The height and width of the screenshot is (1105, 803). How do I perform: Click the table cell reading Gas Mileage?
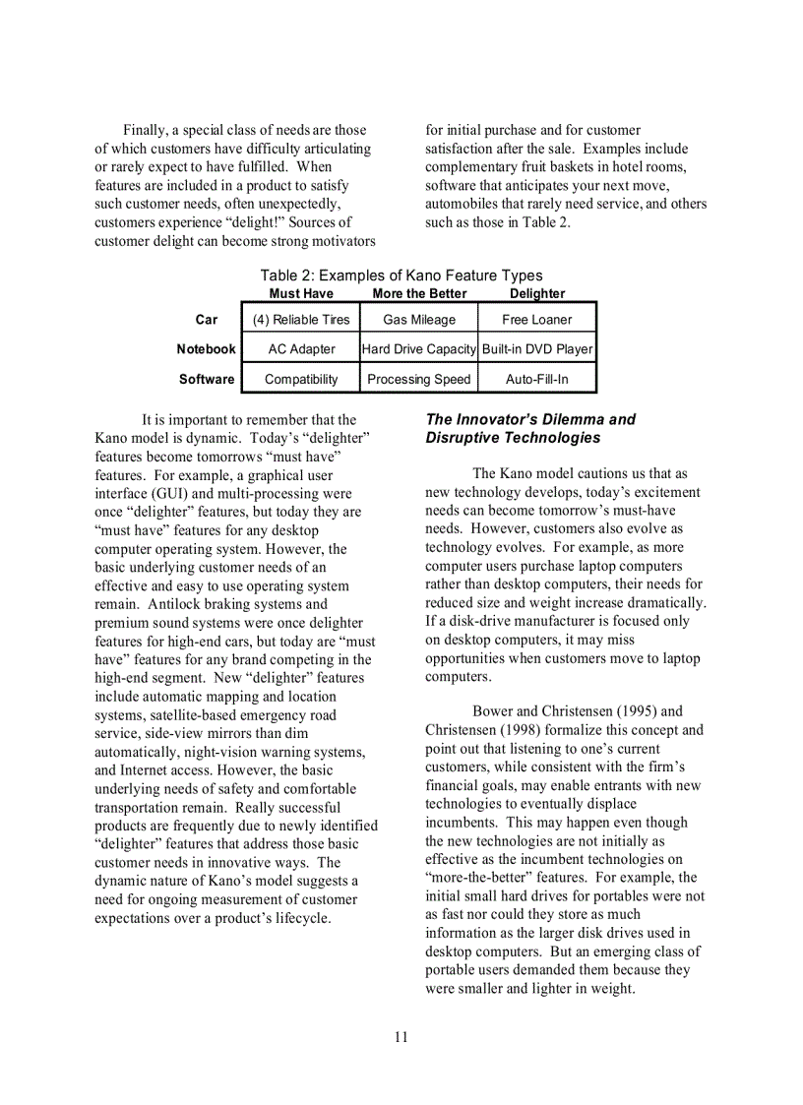(419, 320)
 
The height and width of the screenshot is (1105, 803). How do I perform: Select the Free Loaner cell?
(536, 320)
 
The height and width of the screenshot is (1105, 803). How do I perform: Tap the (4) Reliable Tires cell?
(301, 320)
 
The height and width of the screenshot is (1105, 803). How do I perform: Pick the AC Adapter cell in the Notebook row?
(301, 349)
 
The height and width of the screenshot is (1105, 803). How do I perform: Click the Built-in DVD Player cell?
(537, 349)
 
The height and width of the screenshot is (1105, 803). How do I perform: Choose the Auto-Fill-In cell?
(536, 379)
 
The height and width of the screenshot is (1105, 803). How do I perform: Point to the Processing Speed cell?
(419, 379)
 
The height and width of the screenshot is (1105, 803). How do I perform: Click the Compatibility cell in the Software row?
(301, 379)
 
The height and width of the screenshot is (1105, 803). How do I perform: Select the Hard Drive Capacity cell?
(419, 349)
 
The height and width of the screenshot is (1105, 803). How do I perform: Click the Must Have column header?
(301, 293)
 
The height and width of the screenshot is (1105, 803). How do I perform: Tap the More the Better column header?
(419, 293)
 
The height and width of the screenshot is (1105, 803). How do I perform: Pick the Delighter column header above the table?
(537, 293)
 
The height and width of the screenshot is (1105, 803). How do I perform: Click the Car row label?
(207, 320)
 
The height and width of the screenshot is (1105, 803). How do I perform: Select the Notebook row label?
(207, 349)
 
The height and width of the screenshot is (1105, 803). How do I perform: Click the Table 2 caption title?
(401, 276)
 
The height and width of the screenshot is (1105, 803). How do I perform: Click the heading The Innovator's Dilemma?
(530, 428)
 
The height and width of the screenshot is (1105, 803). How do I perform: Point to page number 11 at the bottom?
(401, 1037)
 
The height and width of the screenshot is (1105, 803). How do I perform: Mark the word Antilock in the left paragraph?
(174, 604)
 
